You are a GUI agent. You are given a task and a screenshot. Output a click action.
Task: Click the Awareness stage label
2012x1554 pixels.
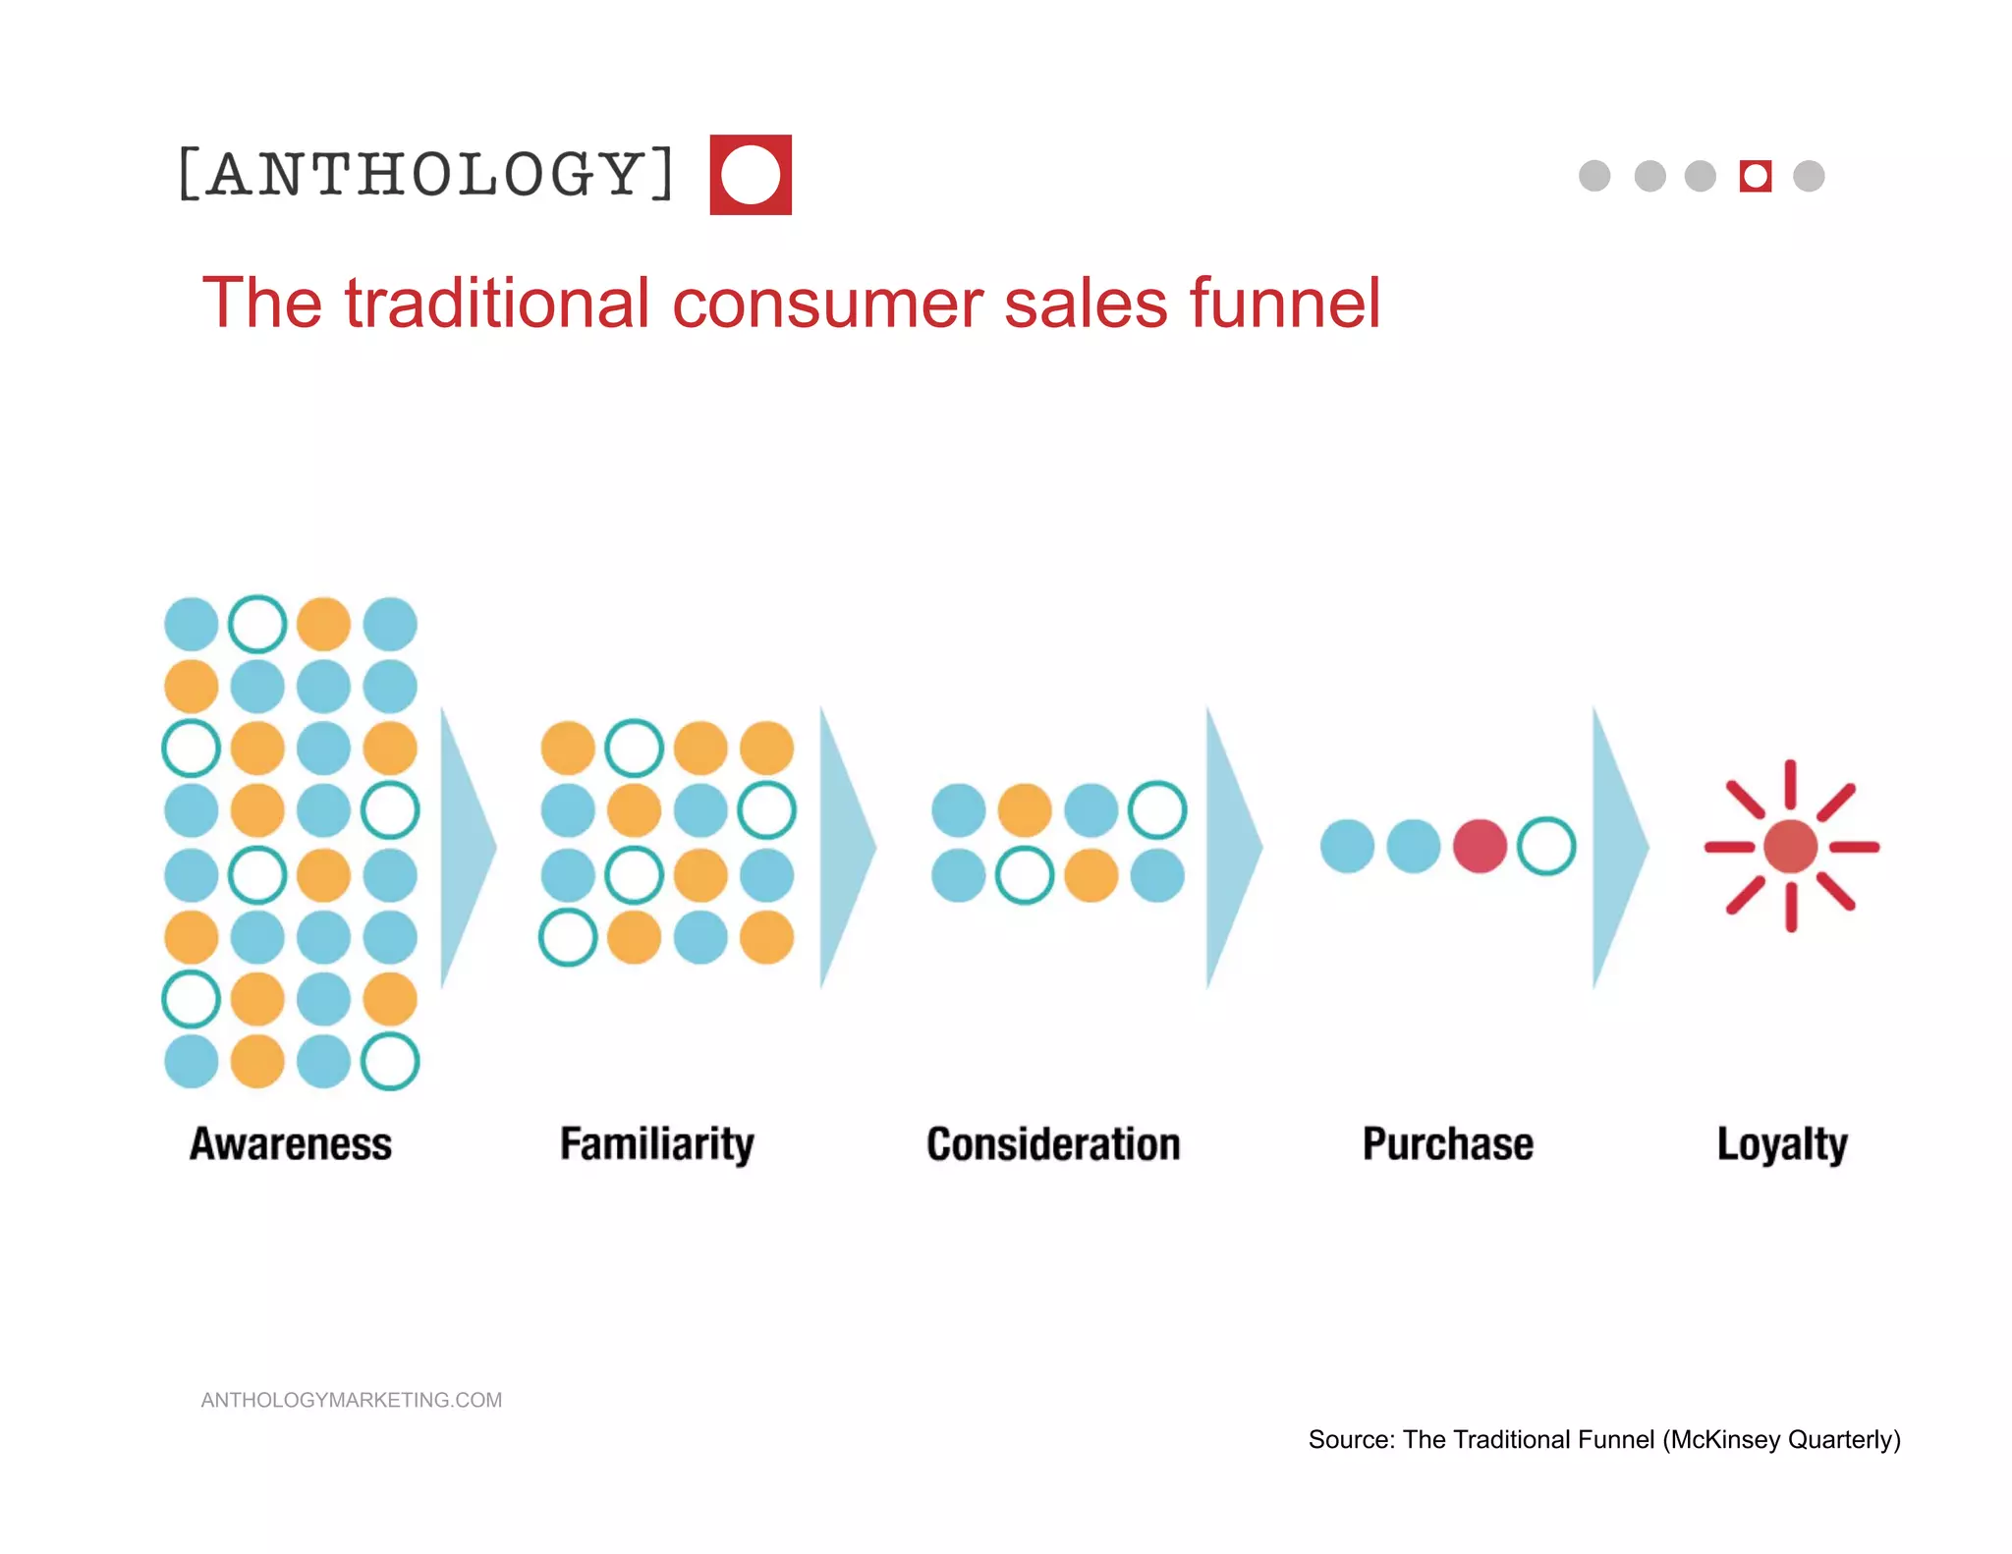click(x=291, y=1144)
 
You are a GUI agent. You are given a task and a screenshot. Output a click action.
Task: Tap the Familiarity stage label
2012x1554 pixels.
click(x=656, y=1144)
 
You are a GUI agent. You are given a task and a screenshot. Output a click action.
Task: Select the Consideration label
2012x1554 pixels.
click(x=1053, y=1144)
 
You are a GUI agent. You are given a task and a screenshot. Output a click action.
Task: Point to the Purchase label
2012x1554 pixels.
click(x=1447, y=1144)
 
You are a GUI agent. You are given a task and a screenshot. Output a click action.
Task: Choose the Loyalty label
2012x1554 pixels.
click(x=1782, y=1144)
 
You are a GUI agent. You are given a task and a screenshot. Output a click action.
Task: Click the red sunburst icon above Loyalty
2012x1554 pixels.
click(x=1791, y=847)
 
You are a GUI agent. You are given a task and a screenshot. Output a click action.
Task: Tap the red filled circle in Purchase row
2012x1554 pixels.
click(x=1480, y=847)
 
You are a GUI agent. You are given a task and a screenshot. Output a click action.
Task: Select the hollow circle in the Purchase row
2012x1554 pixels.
click(x=1546, y=847)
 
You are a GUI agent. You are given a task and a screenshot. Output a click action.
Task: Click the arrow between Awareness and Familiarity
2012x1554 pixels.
click(x=465, y=847)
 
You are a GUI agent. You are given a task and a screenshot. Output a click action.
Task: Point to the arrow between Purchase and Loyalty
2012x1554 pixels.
click(x=1616, y=847)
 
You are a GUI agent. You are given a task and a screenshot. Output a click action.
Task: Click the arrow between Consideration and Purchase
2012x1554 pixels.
click(x=1230, y=847)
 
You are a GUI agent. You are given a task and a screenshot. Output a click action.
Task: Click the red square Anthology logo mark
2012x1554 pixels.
click(x=751, y=175)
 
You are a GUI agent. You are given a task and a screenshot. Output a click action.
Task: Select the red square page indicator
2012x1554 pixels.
click(x=1755, y=176)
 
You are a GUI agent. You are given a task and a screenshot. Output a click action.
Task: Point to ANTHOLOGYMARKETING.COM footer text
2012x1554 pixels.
click(x=352, y=1400)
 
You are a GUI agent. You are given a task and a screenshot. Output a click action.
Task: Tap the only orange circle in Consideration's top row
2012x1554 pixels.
click(x=1025, y=810)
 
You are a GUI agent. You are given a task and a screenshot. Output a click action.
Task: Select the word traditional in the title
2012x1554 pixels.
click(x=497, y=303)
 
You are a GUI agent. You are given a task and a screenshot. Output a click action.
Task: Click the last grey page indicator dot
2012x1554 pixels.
click(x=1809, y=176)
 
